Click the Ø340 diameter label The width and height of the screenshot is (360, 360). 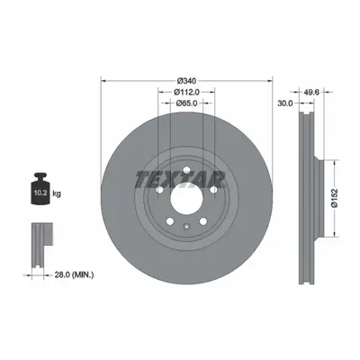(x=186, y=81)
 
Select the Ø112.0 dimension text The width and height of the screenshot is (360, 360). (x=186, y=92)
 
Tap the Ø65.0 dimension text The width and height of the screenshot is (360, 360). (x=186, y=103)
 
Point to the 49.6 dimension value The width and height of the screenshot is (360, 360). (x=311, y=92)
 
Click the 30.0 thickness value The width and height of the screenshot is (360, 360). (x=284, y=103)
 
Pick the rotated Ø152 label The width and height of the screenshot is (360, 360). (x=335, y=198)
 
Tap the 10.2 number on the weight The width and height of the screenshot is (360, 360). (x=40, y=193)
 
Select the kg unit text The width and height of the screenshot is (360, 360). (x=57, y=193)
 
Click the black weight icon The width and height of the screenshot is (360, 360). (x=40, y=189)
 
